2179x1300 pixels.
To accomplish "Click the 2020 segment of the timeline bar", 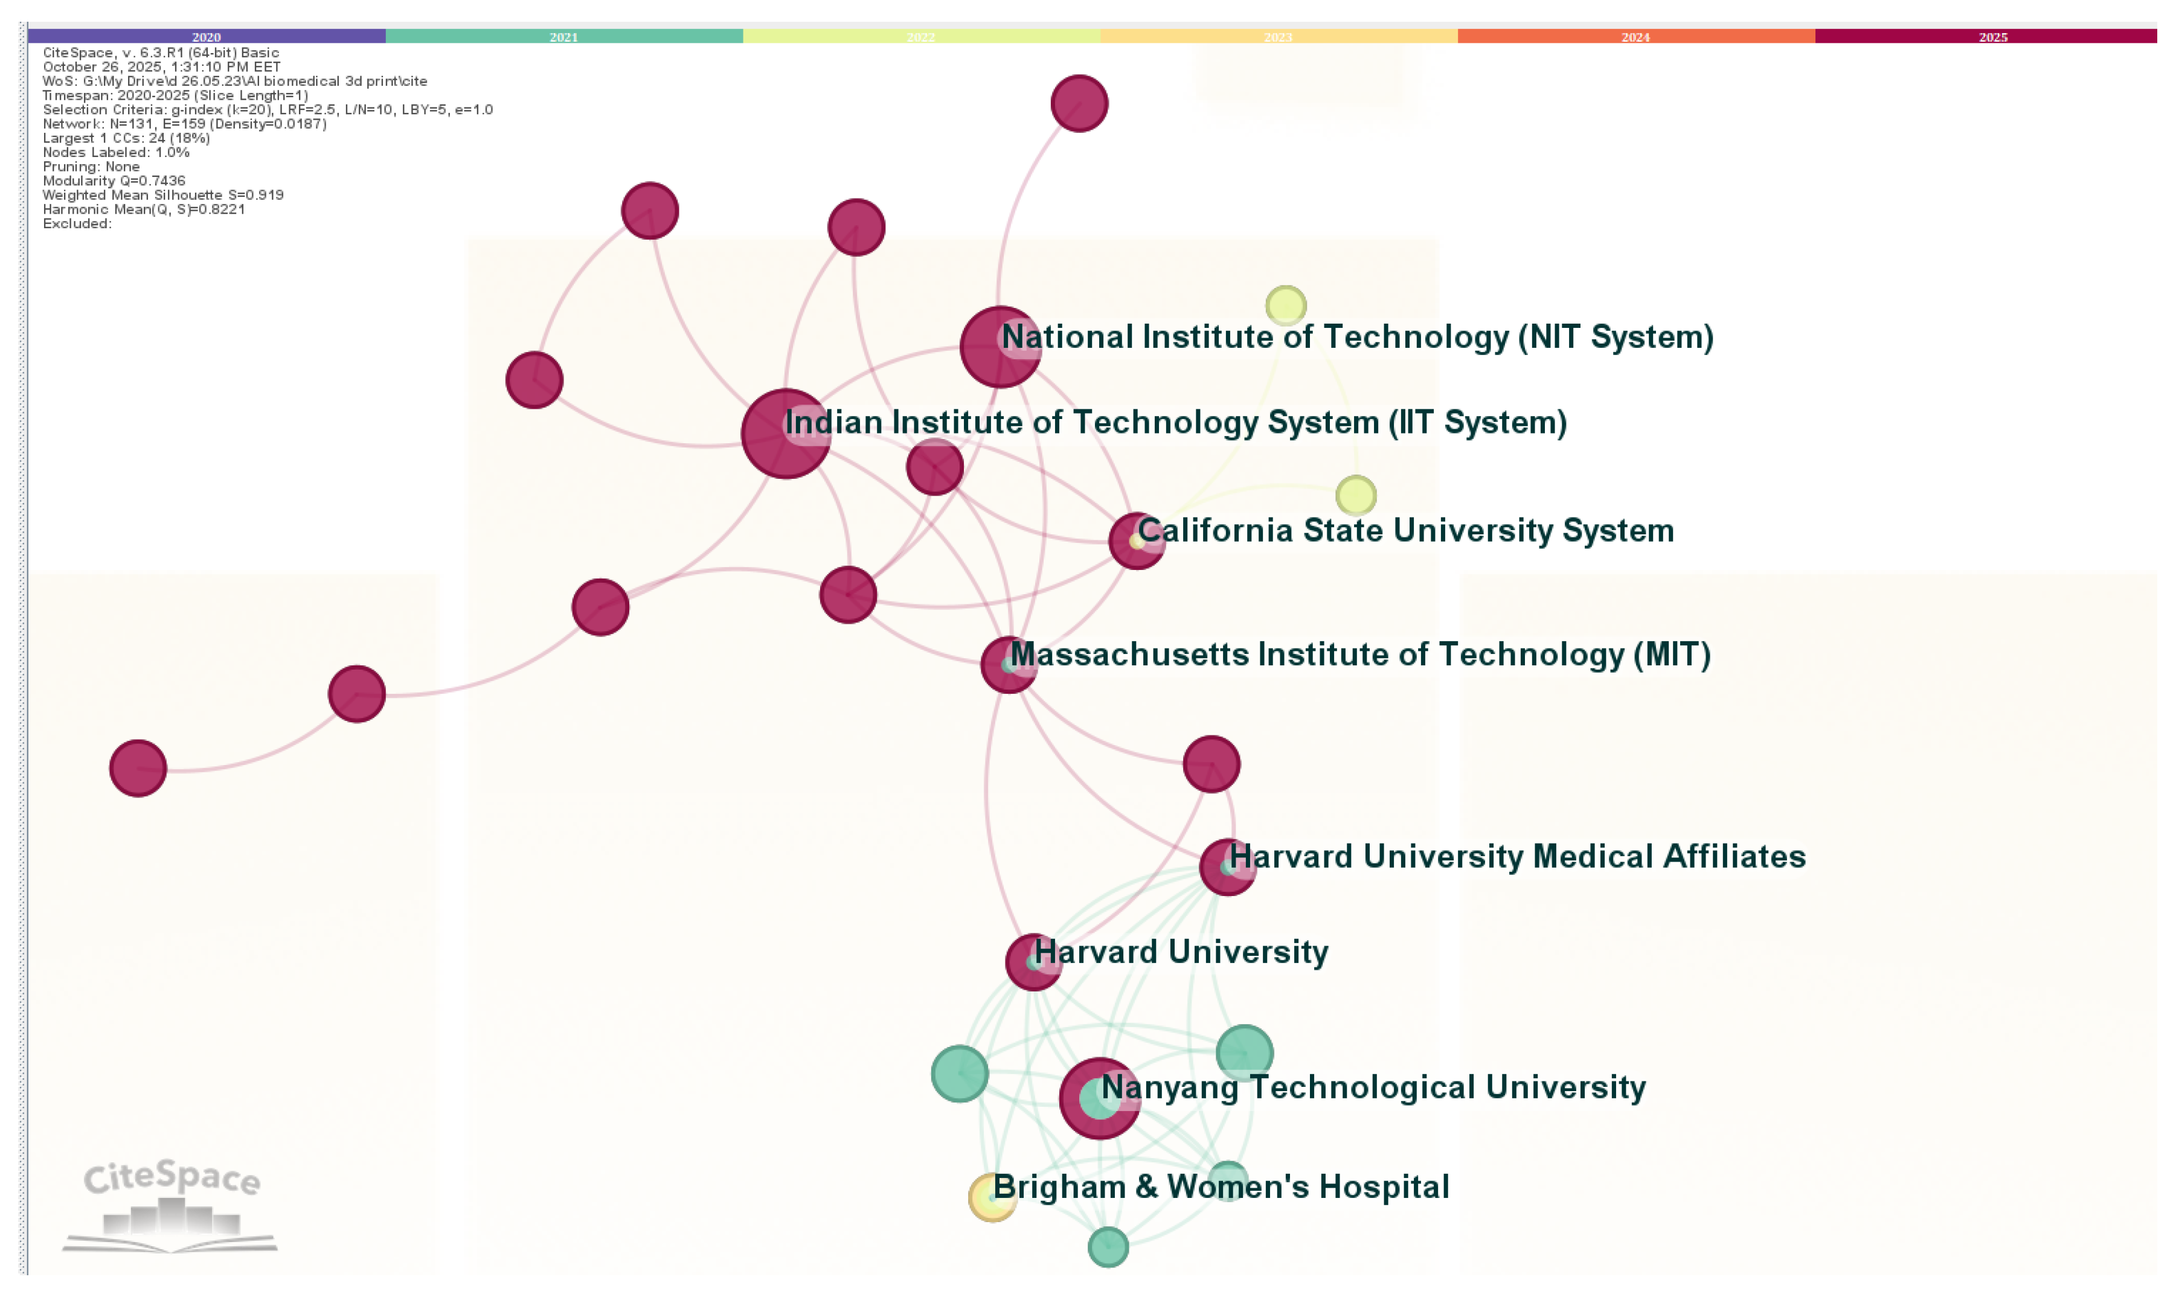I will (206, 36).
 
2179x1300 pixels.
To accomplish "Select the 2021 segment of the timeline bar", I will (563, 36).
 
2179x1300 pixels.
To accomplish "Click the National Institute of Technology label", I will (1356, 338).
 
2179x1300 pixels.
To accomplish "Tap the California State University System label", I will (1405, 531).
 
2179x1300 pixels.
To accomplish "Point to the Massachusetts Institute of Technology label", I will (1360, 655).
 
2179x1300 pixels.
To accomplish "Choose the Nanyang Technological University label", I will (1373, 1087).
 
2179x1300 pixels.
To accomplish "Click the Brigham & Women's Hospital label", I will (1221, 1187).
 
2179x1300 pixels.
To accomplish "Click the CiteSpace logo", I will (171, 1205).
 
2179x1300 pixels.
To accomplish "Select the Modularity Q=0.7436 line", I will (114, 181).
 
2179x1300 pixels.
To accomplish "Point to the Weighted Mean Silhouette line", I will (163, 194).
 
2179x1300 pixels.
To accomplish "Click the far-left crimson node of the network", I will (138, 768).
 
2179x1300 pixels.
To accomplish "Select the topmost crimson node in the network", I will (1079, 103).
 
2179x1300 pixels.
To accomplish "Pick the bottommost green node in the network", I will (1108, 1247).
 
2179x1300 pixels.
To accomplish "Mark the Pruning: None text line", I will (91, 167).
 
